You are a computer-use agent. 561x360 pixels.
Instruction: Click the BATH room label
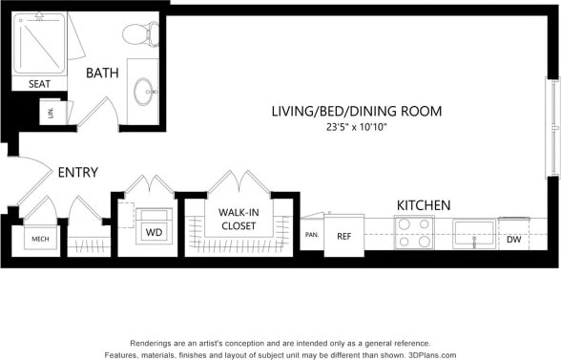(x=101, y=73)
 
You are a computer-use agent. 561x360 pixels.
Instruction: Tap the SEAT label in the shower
(x=39, y=84)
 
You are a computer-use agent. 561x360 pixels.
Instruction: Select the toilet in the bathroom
(x=138, y=34)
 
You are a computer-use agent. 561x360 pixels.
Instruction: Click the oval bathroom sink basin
(x=145, y=93)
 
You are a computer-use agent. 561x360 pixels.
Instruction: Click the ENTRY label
(x=77, y=172)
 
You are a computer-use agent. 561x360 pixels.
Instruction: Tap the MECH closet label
(x=40, y=239)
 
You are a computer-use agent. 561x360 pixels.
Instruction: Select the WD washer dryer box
(x=153, y=232)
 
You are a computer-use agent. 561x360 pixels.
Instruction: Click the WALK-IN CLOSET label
(x=237, y=219)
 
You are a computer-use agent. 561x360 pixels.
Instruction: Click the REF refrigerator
(x=343, y=235)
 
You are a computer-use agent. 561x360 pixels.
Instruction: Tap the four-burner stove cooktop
(x=414, y=231)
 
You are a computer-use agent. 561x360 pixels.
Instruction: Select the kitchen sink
(x=473, y=233)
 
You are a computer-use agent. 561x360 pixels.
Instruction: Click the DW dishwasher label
(x=513, y=239)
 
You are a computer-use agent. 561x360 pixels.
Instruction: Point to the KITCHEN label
(x=423, y=205)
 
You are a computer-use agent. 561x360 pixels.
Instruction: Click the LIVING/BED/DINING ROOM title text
(x=355, y=111)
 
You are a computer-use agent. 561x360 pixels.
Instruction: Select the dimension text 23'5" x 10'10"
(x=355, y=128)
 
